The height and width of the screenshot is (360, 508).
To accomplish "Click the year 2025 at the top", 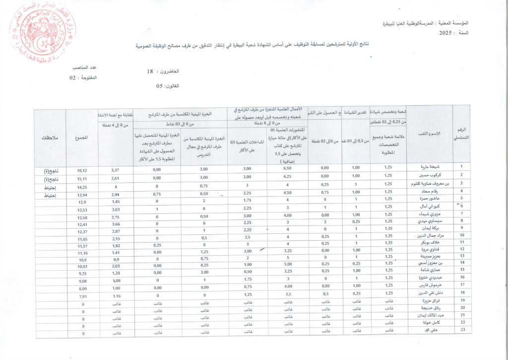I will (x=448, y=32).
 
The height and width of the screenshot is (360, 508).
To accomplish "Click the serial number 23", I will (x=462, y=330).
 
